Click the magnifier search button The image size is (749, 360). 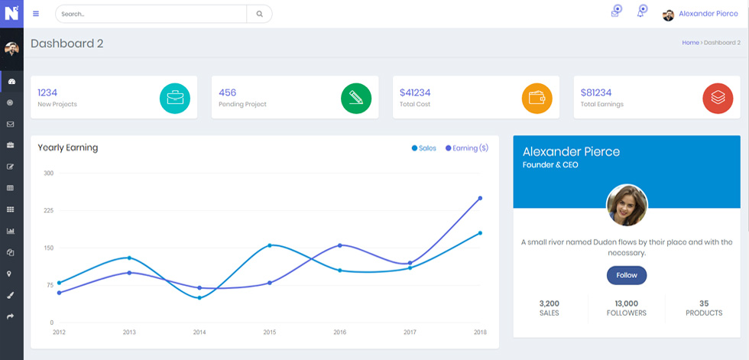259,14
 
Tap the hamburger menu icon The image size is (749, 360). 36,13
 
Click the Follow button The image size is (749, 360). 626,275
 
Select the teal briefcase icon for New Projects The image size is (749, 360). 175,99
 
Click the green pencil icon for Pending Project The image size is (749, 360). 356,99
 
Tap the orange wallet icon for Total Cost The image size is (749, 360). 537,99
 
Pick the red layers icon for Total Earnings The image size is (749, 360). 718,99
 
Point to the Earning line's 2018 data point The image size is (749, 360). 480,198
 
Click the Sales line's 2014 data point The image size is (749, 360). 199,298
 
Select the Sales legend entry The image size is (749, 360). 423,148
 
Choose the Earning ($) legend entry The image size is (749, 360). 467,148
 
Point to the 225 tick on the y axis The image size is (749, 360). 48,210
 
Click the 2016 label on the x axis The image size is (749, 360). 339,332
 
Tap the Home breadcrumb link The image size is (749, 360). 690,43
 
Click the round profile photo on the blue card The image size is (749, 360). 627,205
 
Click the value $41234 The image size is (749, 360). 415,92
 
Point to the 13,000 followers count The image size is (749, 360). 626,303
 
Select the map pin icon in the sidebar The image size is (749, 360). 9,274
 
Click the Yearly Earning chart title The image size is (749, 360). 68,148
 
